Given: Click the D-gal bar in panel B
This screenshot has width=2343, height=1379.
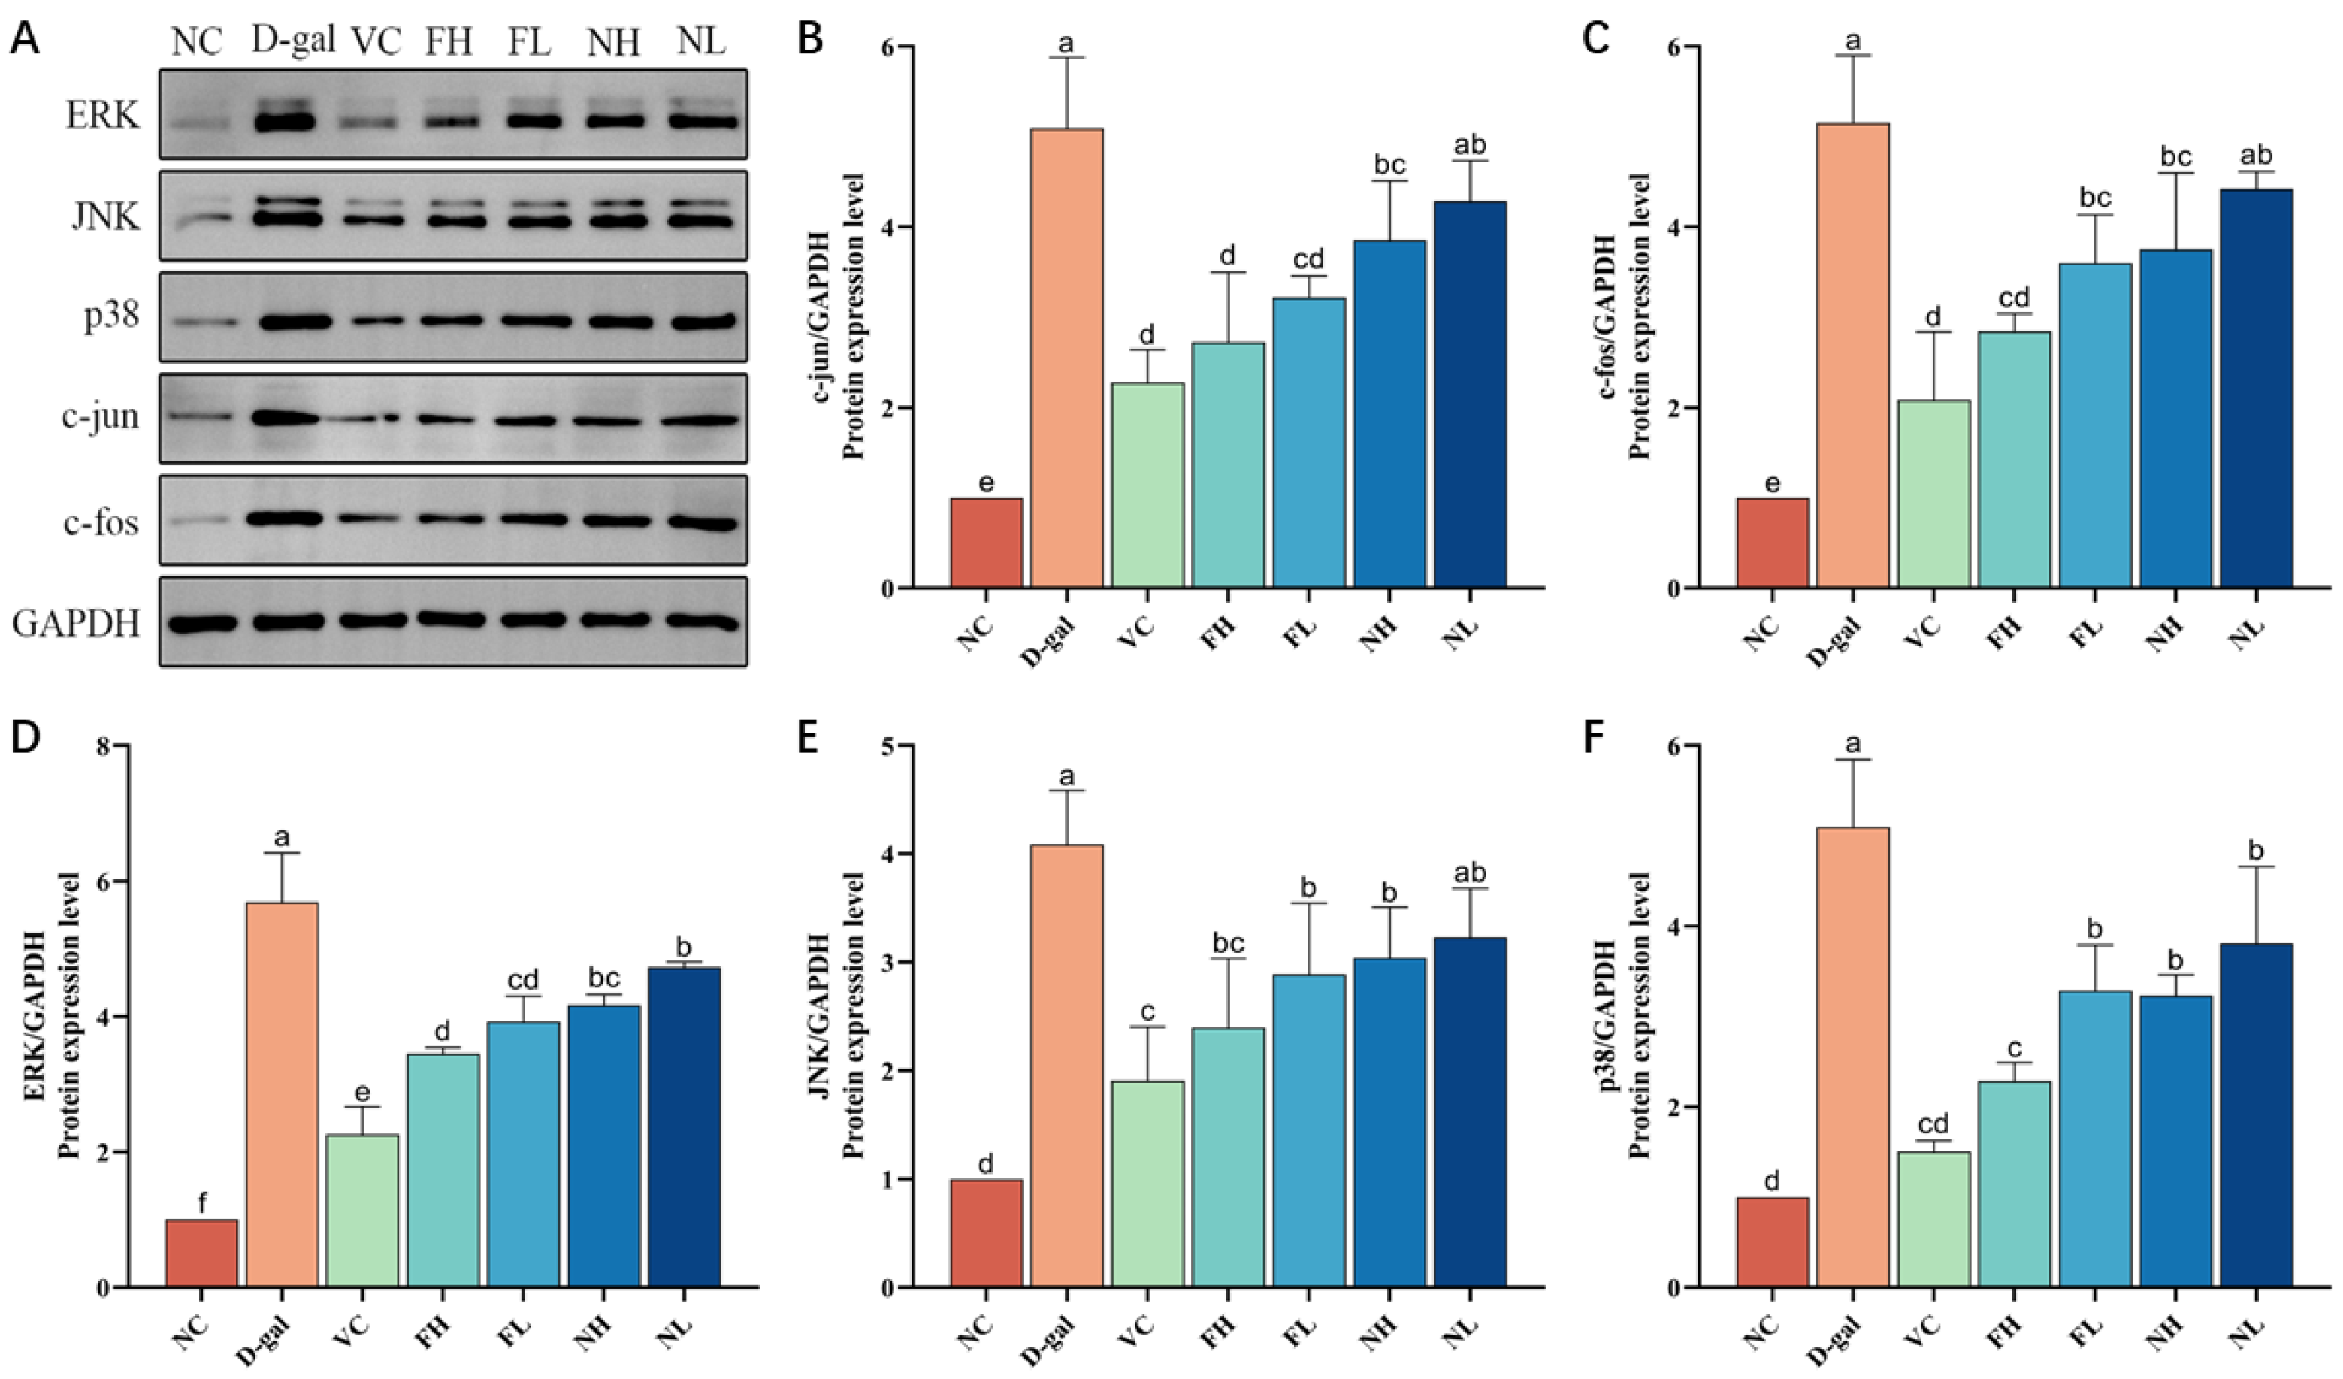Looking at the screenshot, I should pyautogui.click(x=1066, y=358).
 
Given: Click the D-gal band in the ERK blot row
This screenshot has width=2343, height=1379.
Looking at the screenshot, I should pyautogui.click(x=290, y=122).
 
